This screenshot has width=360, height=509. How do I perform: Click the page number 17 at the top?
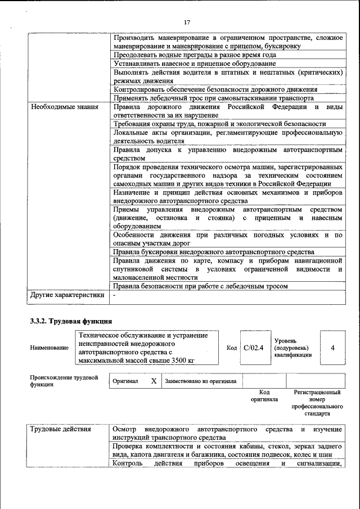tap(187, 22)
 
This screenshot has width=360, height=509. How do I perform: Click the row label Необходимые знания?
tap(65, 107)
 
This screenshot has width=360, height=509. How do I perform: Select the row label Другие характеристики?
tap(67, 295)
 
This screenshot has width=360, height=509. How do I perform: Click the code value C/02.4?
tap(254, 348)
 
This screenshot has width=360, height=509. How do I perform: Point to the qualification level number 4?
tap(332, 348)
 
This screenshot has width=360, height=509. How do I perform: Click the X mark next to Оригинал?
tap(154, 381)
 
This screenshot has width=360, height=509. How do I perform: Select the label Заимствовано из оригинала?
tap(201, 381)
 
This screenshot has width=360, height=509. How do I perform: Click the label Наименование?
tap(49, 348)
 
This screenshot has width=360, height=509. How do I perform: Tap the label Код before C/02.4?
tap(232, 348)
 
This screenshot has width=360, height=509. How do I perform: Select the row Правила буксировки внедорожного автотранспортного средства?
tap(214, 252)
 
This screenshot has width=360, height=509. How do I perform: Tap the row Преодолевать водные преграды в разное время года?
tap(195, 55)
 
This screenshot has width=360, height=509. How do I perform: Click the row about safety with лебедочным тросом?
tap(200, 286)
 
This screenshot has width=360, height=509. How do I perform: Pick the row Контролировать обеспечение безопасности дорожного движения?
tap(215, 89)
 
